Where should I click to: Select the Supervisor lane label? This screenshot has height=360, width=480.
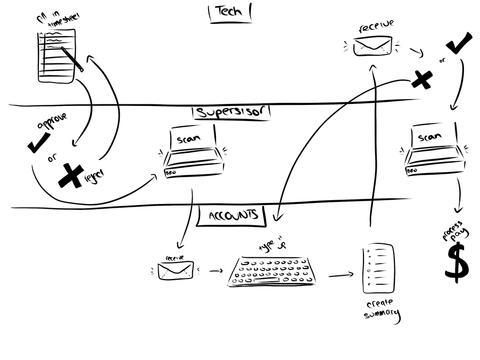tap(232, 112)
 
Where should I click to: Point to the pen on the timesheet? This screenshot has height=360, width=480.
tap(72, 59)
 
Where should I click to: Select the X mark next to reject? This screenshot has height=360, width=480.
tap(71, 175)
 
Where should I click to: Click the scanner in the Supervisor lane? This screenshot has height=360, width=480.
tap(193, 153)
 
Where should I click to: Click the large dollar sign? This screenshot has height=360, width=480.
tap(457, 261)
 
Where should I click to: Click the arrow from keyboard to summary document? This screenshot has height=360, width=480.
tap(341, 275)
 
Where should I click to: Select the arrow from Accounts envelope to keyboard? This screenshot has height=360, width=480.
tap(215, 271)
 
